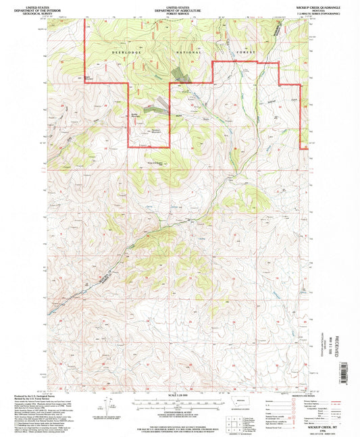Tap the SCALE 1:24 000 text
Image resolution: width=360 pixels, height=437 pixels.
pyautogui.click(x=179, y=394)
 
